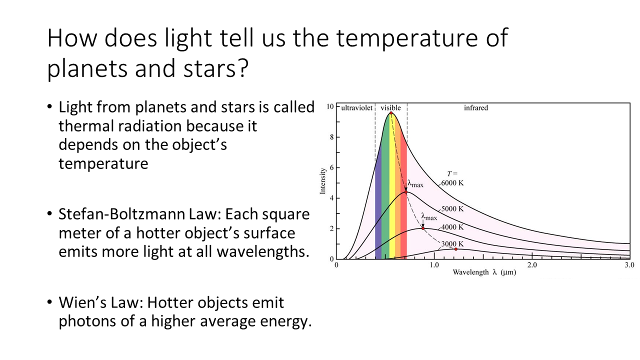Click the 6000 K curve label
[452, 183]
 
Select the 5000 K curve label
[452, 209]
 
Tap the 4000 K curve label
[452, 227]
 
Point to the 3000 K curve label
[452, 244]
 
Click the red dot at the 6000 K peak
[391, 113]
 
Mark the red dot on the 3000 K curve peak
[455, 249]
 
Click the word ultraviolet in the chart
[357, 107]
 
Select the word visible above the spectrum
[390, 107]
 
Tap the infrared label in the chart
[476, 107]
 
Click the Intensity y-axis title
[322, 181]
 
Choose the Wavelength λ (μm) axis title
[484, 272]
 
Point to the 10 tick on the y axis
[330, 106]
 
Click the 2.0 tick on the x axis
[532, 265]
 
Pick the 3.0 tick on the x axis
[629, 265]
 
